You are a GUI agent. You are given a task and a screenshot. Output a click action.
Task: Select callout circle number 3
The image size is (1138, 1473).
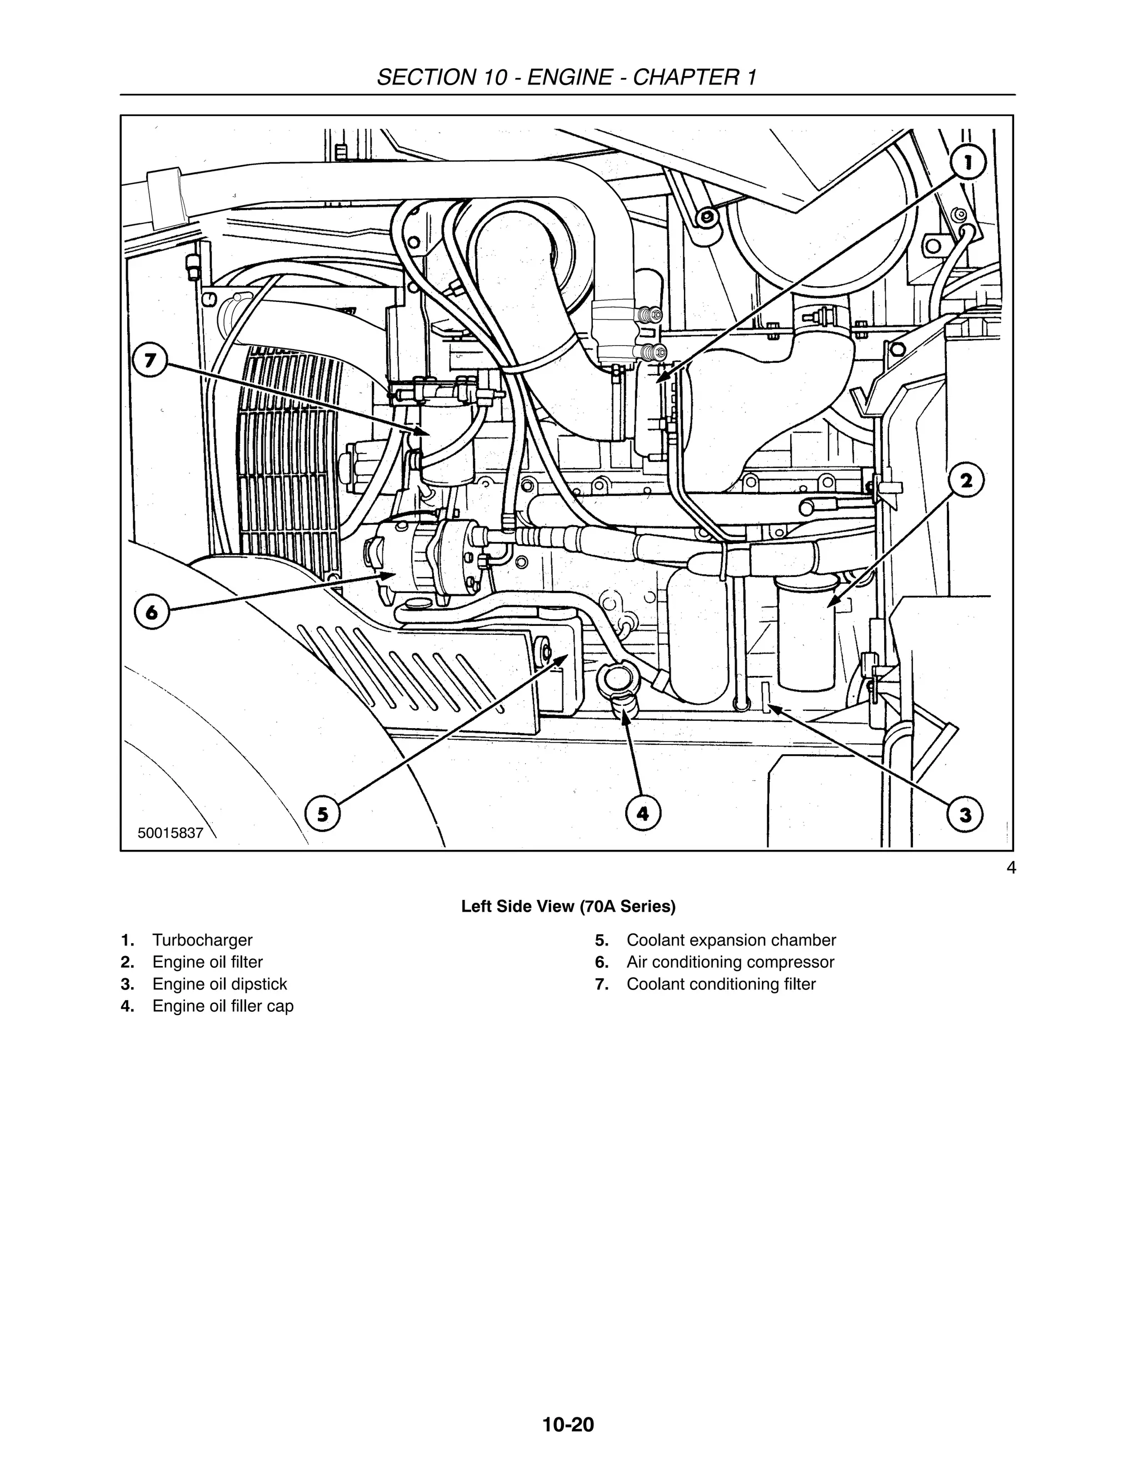965,815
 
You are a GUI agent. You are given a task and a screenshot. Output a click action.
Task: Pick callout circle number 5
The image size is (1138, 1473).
322,814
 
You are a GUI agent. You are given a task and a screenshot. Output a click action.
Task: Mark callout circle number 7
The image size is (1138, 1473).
149,361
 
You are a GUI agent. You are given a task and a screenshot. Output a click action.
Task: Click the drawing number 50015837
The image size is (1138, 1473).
170,833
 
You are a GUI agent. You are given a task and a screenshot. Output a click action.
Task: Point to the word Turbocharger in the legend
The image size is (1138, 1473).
202,940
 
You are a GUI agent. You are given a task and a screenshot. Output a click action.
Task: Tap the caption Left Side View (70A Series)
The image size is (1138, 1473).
568,907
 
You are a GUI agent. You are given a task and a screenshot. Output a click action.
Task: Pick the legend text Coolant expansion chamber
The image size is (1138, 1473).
731,940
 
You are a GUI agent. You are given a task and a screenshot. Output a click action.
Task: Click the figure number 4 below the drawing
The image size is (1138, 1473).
1011,868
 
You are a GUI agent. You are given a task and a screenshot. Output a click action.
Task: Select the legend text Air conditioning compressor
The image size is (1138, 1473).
730,962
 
